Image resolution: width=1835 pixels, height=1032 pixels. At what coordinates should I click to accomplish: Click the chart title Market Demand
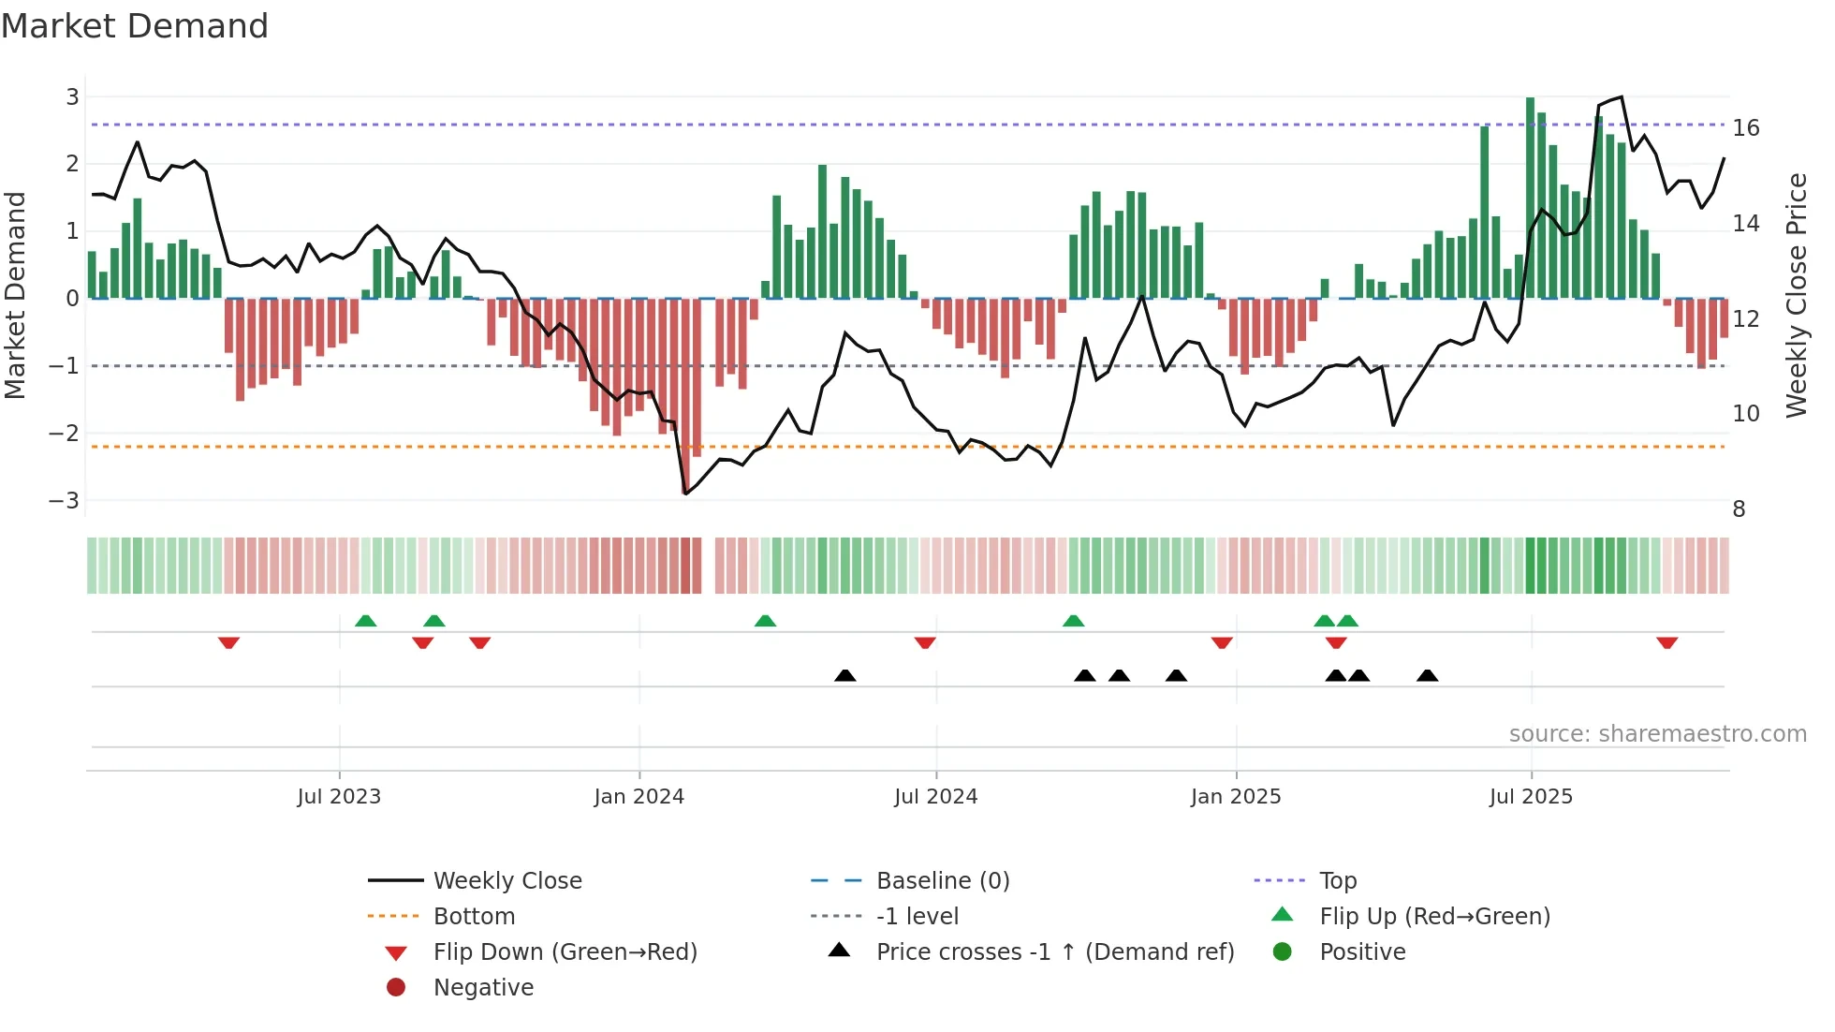coord(135,26)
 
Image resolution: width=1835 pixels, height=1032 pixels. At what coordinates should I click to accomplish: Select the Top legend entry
coord(1337,880)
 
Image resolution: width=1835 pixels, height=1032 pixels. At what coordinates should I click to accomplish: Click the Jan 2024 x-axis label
coord(639,797)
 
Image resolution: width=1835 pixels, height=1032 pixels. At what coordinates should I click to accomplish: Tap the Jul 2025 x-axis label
coord(1531,797)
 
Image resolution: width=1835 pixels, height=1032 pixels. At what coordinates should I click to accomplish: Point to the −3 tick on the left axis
coord(65,500)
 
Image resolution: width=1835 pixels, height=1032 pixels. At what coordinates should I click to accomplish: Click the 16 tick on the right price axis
coord(1745,128)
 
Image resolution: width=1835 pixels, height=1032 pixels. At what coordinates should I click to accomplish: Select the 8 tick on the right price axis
coord(1739,509)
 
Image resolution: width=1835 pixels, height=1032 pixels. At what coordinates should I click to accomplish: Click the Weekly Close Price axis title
coord(1796,295)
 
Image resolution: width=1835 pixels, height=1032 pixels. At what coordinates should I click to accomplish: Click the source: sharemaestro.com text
coord(1657,733)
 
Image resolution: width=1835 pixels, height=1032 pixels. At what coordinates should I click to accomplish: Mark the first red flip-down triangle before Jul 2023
coord(228,642)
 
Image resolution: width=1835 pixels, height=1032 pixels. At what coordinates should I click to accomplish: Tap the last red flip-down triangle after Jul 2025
coord(1666,642)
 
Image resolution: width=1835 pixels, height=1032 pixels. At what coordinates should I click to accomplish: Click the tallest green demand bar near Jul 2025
coord(1530,197)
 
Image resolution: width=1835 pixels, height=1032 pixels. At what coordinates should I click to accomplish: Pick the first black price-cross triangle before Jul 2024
coord(844,675)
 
